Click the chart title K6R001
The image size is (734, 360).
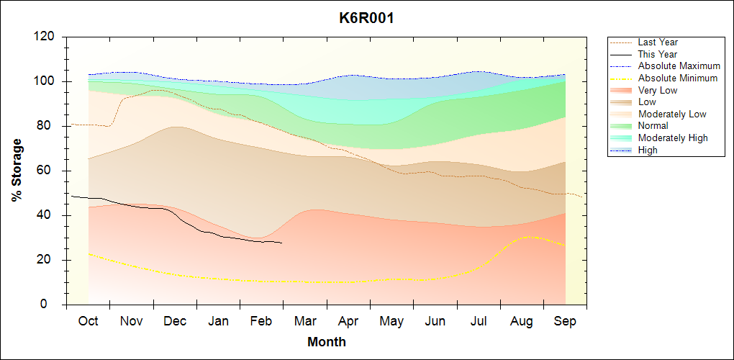(366, 18)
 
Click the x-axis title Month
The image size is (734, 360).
(326, 342)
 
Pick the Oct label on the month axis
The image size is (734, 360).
(89, 321)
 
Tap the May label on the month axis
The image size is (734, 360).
(391, 321)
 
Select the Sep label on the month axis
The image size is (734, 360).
(565, 321)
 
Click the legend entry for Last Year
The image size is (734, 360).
(658, 42)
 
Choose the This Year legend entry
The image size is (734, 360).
(658, 54)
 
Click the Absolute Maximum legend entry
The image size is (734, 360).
(679, 66)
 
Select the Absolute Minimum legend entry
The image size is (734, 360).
(677, 78)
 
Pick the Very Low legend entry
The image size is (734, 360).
(658, 90)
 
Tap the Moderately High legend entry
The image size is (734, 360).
(673, 138)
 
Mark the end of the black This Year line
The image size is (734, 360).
(282, 243)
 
